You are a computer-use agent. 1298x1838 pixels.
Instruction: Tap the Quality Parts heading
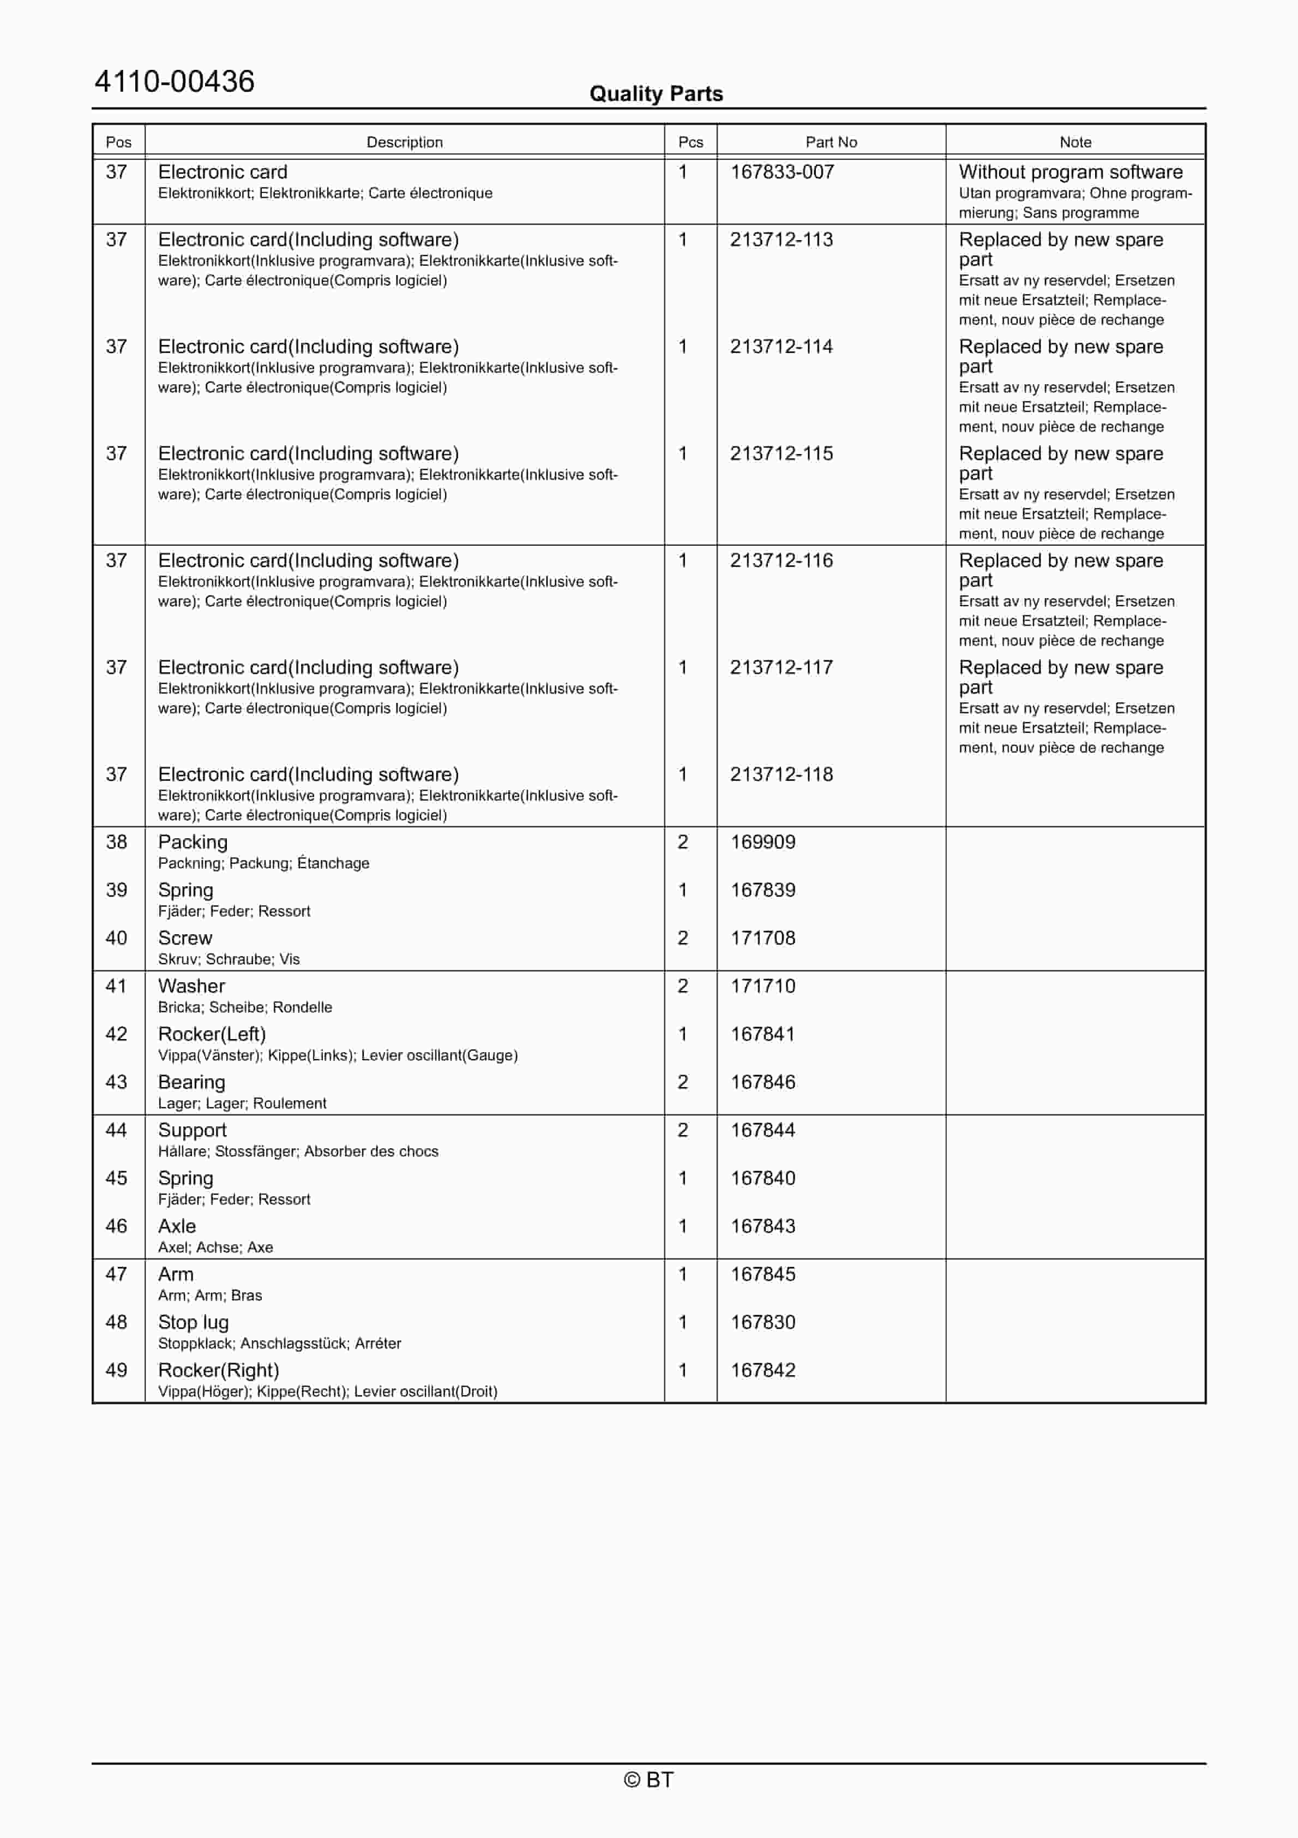(x=656, y=94)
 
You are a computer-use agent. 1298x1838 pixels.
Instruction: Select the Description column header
(x=404, y=142)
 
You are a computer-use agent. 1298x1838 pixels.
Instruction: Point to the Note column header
(x=1075, y=142)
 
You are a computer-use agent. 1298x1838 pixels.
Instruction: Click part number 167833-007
(x=782, y=172)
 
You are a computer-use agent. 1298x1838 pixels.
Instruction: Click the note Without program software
(x=1070, y=172)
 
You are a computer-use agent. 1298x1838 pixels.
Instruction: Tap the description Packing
(x=193, y=842)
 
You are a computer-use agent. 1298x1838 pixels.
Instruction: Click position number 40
(x=117, y=938)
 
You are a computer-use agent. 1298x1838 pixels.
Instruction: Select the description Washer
(x=191, y=986)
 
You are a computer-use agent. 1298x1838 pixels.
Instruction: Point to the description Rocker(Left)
(x=212, y=1034)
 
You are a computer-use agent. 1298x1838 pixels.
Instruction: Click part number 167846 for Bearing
(x=762, y=1082)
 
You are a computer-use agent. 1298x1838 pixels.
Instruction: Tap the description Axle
(x=177, y=1226)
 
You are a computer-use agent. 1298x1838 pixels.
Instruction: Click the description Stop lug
(x=194, y=1322)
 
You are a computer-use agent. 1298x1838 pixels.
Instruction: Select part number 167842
(x=762, y=1370)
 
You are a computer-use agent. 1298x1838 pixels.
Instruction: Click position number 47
(x=117, y=1274)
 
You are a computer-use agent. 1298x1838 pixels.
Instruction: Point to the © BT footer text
(x=648, y=1780)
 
